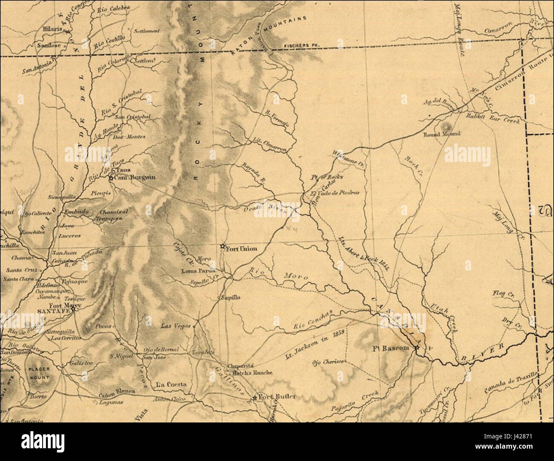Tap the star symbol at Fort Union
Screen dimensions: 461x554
tap(222, 246)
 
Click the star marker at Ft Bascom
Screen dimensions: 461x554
tap(417, 348)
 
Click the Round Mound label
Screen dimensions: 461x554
tap(441, 134)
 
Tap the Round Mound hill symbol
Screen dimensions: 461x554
tap(446, 126)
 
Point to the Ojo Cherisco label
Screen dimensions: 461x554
tap(328, 363)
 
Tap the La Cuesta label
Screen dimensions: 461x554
tap(171, 384)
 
